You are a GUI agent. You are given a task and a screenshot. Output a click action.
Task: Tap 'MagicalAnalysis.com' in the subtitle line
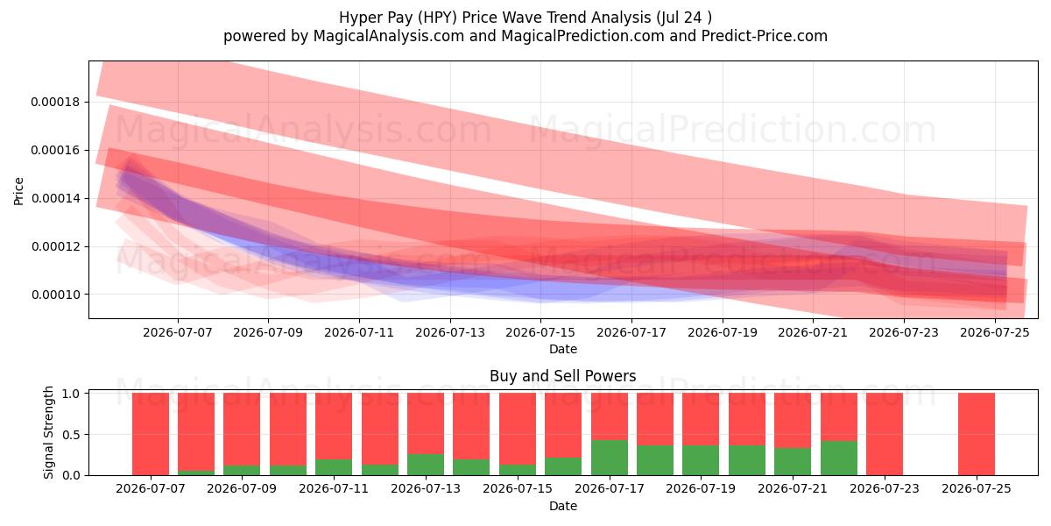(x=389, y=36)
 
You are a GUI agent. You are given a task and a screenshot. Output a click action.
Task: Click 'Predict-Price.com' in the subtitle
(x=765, y=36)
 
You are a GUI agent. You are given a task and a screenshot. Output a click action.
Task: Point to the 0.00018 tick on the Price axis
(x=55, y=102)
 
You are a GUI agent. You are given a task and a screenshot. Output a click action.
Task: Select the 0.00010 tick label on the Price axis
(x=55, y=295)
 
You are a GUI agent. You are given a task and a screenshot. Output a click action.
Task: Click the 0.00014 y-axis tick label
(x=55, y=198)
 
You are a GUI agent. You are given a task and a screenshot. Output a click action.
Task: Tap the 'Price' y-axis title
(x=18, y=191)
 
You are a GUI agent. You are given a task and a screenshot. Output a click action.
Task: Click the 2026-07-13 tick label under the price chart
(x=450, y=332)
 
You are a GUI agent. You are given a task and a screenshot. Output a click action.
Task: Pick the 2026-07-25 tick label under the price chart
(x=995, y=332)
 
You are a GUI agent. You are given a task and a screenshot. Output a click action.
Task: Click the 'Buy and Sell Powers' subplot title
(x=563, y=376)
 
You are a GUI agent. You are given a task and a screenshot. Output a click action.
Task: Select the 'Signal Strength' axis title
(x=48, y=432)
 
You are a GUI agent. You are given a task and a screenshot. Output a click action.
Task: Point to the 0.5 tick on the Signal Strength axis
(x=71, y=435)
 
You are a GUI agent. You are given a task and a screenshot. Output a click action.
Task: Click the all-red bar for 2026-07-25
(x=977, y=434)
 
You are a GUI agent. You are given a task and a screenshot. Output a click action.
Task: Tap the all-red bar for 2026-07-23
(x=885, y=434)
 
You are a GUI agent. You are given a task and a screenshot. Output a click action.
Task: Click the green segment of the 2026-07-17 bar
(x=610, y=458)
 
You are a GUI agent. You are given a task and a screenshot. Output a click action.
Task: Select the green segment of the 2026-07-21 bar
(x=793, y=462)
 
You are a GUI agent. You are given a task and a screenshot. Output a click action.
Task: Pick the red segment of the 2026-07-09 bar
(x=242, y=430)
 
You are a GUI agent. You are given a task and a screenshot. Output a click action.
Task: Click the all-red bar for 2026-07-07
(x=151, y=434)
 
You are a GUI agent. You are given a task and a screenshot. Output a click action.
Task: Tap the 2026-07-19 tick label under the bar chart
(x=701, y=488)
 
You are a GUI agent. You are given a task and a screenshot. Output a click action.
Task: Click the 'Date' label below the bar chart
(x=563, y=506)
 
